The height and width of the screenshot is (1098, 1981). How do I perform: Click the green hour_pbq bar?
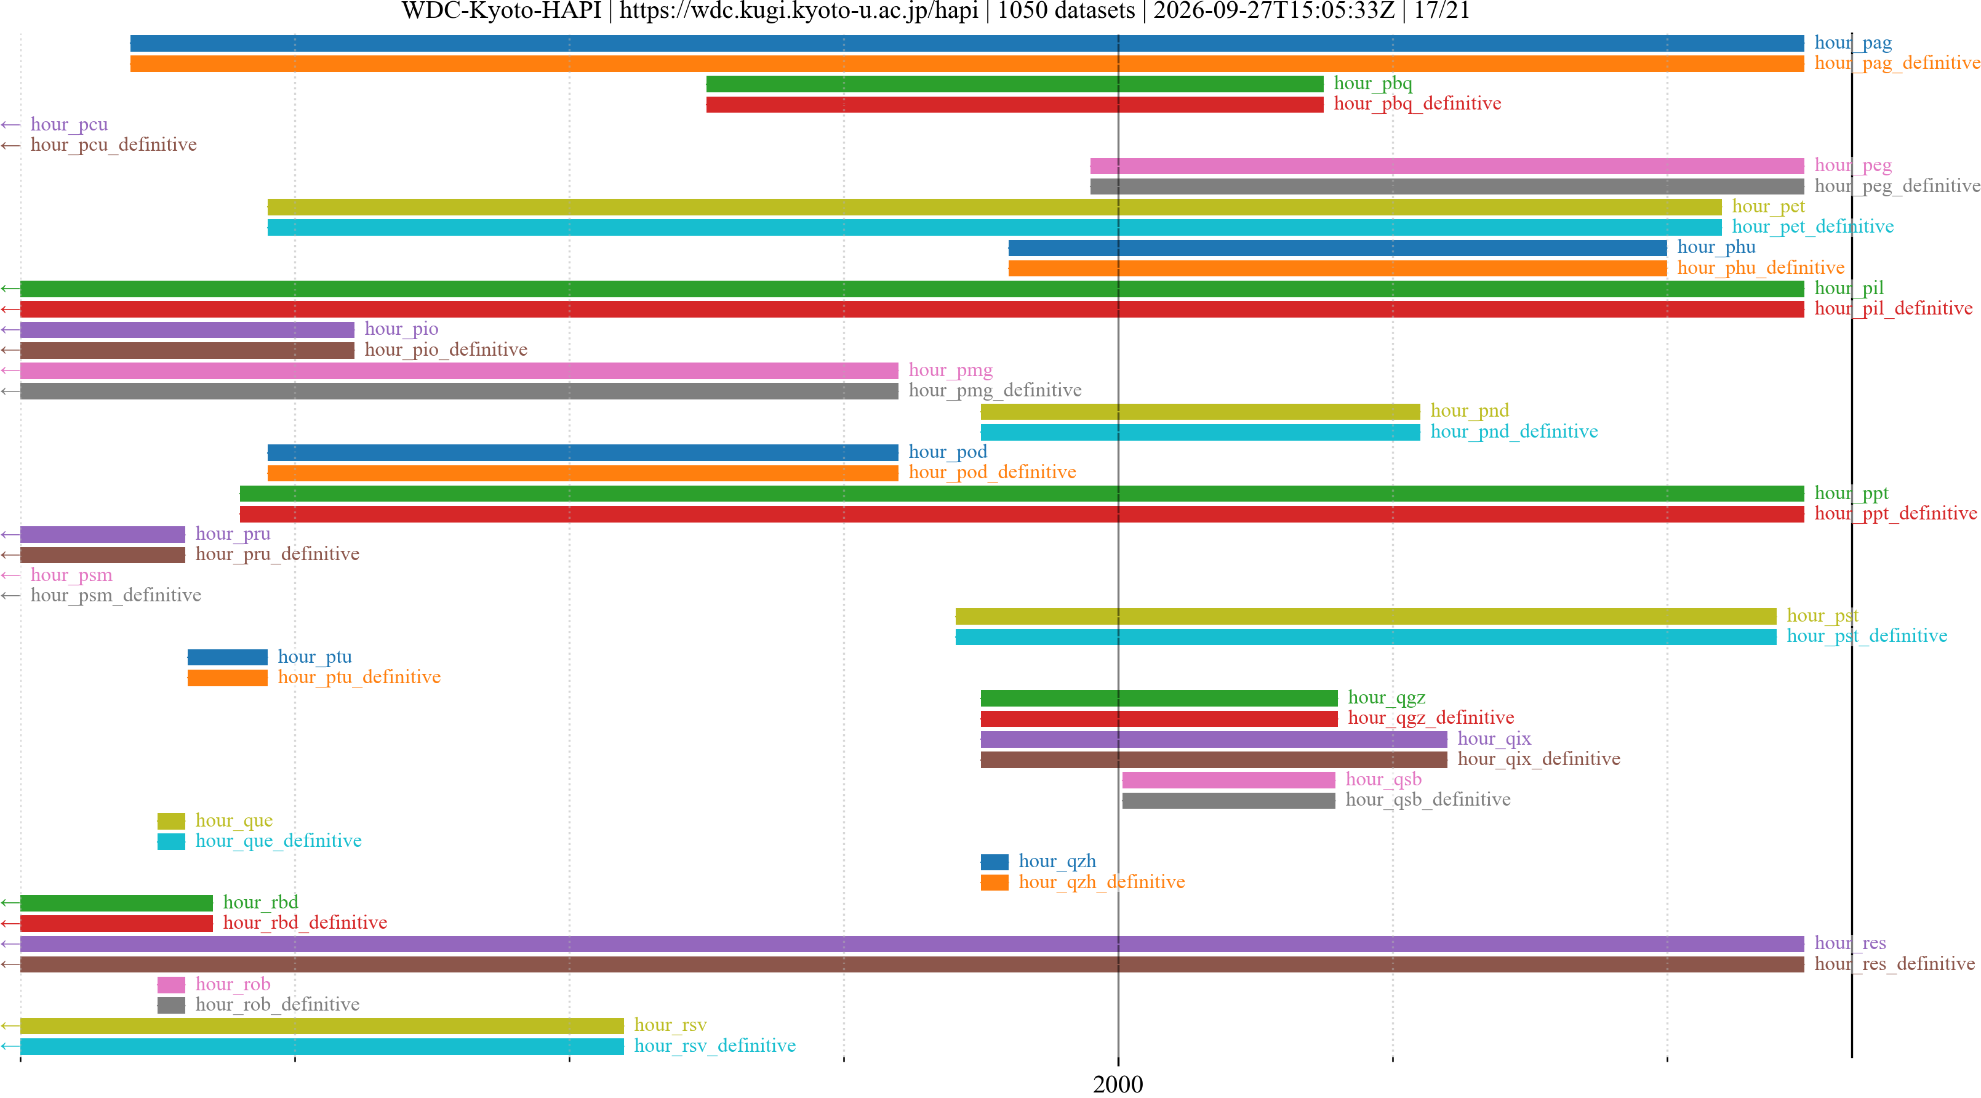tap(1014, 84)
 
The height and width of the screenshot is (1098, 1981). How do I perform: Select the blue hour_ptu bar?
tap(228, 657)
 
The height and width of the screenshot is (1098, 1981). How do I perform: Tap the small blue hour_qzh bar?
tap(995, 862)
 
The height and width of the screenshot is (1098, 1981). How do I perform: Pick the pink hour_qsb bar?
tap(1228, 780)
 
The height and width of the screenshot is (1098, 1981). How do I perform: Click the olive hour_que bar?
tap(172, 821)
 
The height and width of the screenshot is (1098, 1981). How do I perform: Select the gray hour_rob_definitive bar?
tap(172, 1005)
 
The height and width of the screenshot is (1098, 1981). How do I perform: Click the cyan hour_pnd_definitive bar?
tap(1201, 432)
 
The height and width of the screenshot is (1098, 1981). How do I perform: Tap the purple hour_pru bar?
tap(103, 534)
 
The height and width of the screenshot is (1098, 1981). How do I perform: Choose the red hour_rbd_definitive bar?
tap(117, 923)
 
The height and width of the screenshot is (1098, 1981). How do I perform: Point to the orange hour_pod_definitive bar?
tap(583, 473)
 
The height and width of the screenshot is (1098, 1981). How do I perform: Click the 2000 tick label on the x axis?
tap(1118, 1084)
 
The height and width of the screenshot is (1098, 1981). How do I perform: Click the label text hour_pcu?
tap(69, 124)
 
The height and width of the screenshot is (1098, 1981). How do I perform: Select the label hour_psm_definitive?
tap(116, 595)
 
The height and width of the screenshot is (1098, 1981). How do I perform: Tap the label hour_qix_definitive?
tap(1539, 759)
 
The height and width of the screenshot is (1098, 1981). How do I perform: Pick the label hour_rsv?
tap(671, 1025)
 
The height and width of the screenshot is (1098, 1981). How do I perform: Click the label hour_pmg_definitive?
tap(995, 391)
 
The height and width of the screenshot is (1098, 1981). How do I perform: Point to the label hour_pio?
tap(401, 329)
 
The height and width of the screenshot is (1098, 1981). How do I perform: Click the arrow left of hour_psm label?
tap(10, 575)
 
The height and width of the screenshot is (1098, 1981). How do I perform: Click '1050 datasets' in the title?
tap(1066, 10)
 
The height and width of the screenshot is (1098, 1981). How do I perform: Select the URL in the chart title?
tap(799, 10)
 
